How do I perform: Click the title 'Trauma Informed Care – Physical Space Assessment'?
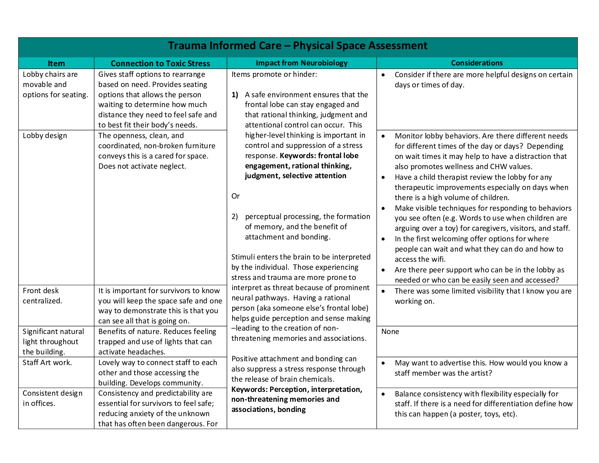(298, 46)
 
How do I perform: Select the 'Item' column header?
(56, 64)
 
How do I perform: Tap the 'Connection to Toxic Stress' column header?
(160, 64)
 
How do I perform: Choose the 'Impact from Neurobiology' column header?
(301, 63)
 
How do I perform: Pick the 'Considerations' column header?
(477, 63)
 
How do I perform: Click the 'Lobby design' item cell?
(45, 136)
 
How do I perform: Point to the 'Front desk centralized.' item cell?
(42, 296)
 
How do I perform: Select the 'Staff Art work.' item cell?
(47, 362)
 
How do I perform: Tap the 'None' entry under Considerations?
(390, 332)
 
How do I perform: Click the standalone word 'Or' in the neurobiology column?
(236, 196)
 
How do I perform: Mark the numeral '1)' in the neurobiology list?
(235, 95)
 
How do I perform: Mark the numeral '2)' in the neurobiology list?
(235, 217)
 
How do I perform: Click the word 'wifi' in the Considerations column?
(438, 259)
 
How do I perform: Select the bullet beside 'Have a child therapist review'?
(383, 177)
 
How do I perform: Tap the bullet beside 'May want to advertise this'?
(383, 363)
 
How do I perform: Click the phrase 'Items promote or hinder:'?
(274, 75)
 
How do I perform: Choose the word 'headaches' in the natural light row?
(147, 352)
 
